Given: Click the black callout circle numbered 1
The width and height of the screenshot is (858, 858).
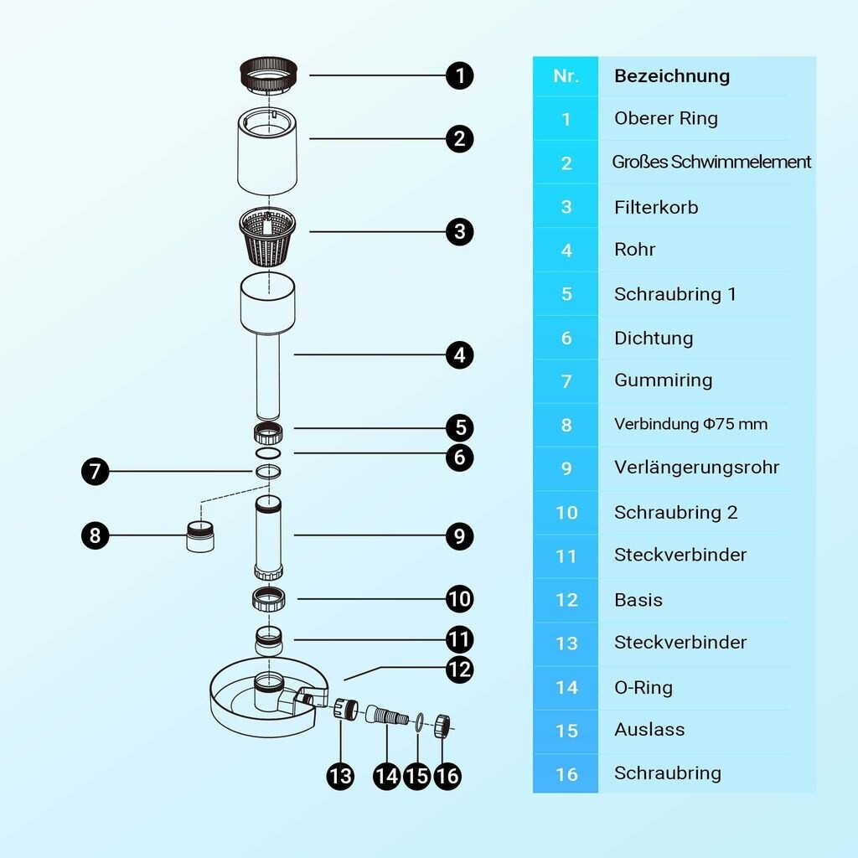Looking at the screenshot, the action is pyautogui.click(x=459, y=75).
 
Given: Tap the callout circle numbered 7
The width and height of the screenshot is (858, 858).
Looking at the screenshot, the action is pyautogui.click(x=96, y=471).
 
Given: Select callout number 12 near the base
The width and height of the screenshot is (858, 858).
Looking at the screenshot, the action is pyautogui.click(x=459, y=669).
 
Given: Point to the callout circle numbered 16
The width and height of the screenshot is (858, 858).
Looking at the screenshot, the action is pyautogui.click(x=447, y=776).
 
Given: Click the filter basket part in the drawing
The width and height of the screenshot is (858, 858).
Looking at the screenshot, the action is pyautogui.click(x=268, y=236).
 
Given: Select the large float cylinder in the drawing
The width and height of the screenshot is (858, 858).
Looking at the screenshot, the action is pyautogui.click(x=267, y=152).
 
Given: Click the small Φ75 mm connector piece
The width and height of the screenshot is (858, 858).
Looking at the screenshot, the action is pyautogui.click(x=200, y=537).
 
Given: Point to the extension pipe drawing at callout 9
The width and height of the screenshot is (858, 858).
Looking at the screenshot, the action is pyautogui.click(x=269, y=537).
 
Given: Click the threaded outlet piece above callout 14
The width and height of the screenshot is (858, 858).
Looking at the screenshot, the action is pyautogui.click(x=387, y=716).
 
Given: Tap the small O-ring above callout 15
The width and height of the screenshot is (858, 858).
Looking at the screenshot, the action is pyautogui.click(x=419, y=721).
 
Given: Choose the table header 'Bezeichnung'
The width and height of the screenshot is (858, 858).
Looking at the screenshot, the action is pyautogui.click(x=672, y=76).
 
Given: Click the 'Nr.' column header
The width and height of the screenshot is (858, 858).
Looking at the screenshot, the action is pyautogui.click(x=566, y=76).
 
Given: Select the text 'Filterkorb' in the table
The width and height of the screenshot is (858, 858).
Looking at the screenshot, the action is pyautogui.click(x=656, y=208).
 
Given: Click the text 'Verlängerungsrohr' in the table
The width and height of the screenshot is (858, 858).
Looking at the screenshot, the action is pyautogui.click(x=696, y=468).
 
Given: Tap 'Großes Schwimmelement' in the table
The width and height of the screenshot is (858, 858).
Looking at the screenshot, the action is pyautogui.click(x=711, y=162).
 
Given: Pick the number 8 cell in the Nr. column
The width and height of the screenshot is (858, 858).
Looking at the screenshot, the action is pyautogui.click(x=566, y=425).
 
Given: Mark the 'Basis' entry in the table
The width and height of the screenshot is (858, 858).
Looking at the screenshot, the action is pyautogui.click(x=638, y=600).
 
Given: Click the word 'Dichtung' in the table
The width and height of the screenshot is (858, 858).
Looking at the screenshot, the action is pyautogui.click(x=654, y=339).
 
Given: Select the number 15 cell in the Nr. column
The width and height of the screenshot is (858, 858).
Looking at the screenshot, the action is pyautogui.click(x=566, y=731).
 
